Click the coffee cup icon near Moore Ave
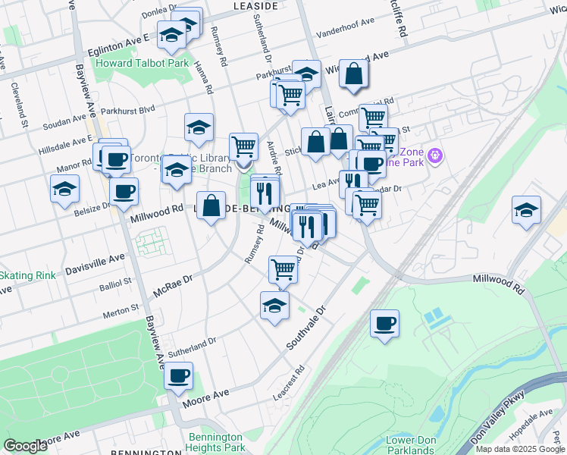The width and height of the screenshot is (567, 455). click(x=178, y=375)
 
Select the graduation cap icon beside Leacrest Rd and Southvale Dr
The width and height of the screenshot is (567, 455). click(x=274, y=306)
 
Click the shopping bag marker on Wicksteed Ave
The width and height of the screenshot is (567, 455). click(x=354, y=74)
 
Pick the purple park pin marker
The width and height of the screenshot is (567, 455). click(x=434, y=156)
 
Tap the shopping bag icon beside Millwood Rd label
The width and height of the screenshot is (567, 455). click(x=212, y=206)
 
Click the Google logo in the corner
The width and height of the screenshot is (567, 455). click(x=25, y=446)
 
